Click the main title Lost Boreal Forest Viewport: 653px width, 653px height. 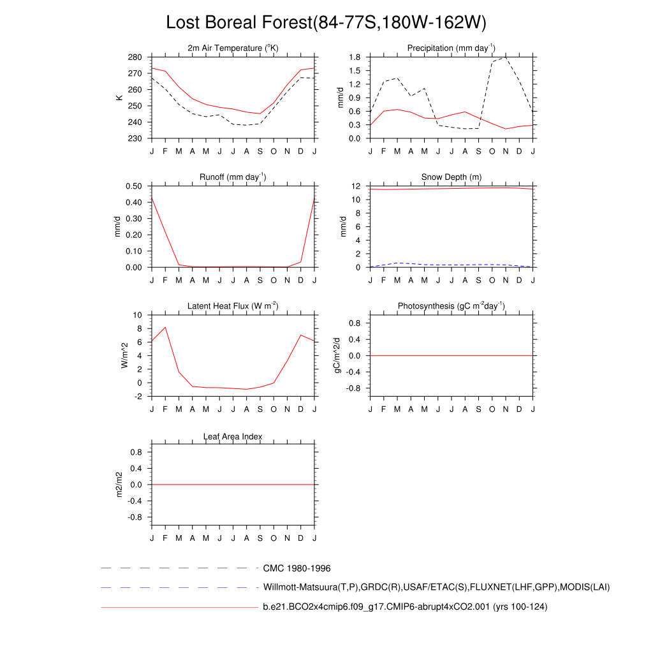[326, 22]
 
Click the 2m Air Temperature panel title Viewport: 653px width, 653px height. [233, 48]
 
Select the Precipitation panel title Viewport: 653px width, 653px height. [451, 48]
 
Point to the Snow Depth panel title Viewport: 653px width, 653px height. [451, 177]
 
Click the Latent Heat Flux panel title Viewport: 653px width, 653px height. [233, 306]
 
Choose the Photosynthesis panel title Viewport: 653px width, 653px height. [451, 306]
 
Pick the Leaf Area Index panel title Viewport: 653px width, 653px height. [233, 437]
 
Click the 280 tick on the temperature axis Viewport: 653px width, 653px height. [135, 57]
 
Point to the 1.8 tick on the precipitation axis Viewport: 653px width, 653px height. [355, 57]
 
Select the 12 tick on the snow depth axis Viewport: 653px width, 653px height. [357, 186]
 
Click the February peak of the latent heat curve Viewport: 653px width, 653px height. [165, 327]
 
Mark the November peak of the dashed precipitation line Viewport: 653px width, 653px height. [506, 57]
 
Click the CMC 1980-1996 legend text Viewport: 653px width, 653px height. [297, 568]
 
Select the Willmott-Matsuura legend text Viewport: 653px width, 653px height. [436, 587]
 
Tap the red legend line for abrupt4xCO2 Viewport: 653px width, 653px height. [179, 607]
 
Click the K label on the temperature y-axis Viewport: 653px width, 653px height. [119, 98]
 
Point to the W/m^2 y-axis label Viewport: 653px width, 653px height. [124, 355]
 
